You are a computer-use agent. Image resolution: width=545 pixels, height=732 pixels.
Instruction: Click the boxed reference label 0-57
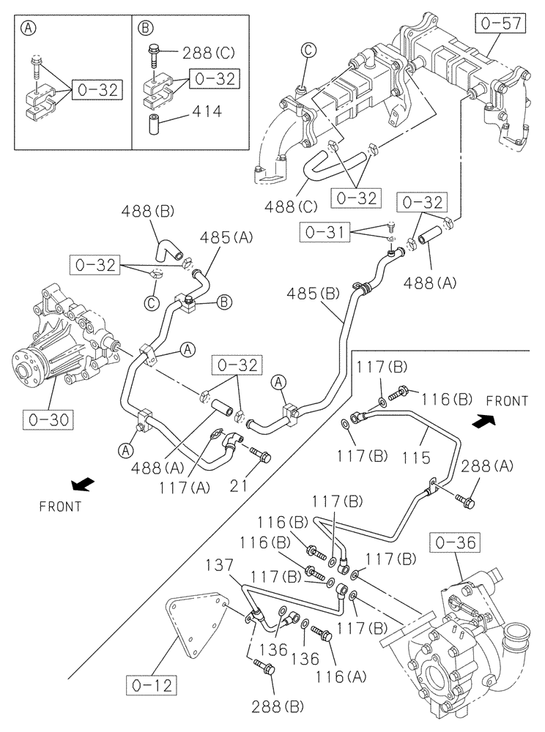coord(501,24)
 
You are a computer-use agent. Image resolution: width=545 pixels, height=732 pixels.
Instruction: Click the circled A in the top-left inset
coord(29,28)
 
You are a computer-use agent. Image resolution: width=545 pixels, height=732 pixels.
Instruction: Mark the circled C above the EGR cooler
coord(308,51)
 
